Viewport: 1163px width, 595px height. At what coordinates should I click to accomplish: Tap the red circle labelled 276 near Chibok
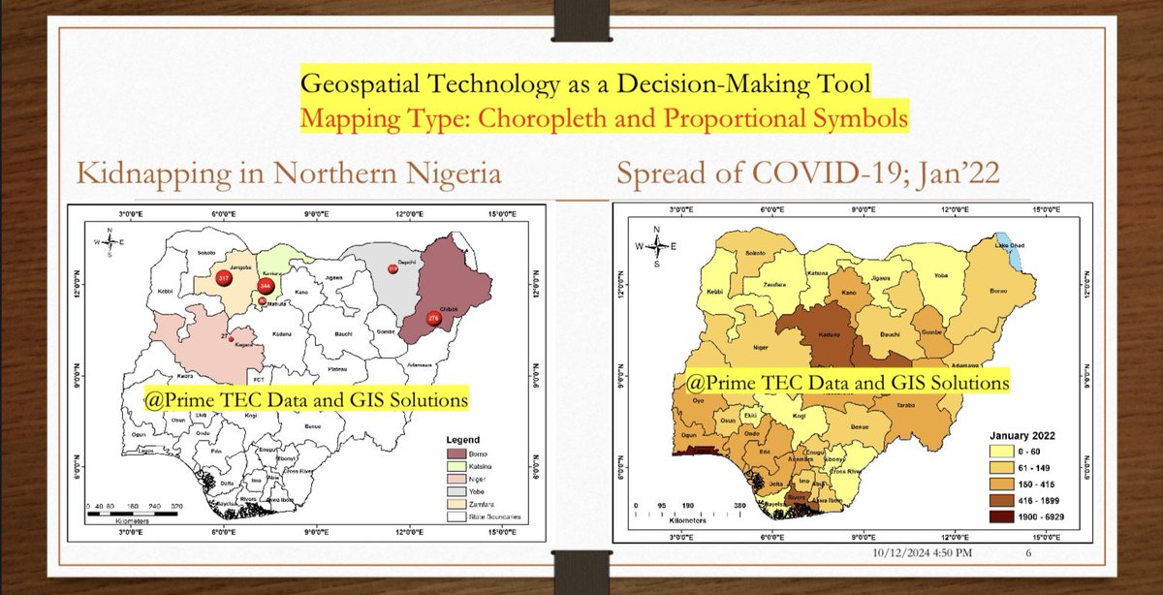coord(432,318)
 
